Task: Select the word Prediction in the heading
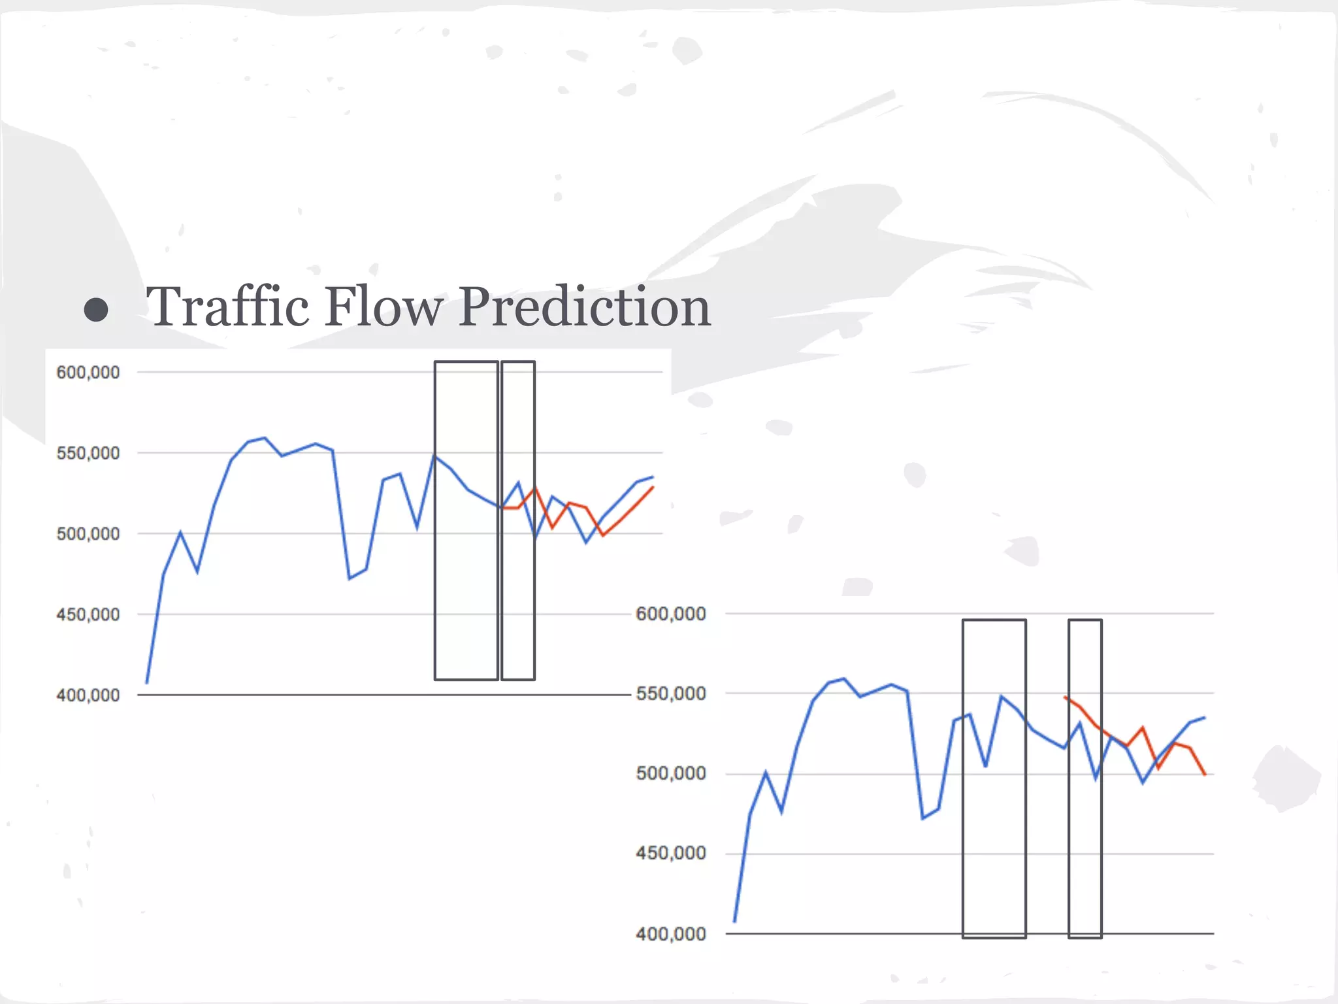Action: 584,307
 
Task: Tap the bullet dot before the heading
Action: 96,310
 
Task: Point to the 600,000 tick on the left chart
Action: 88,373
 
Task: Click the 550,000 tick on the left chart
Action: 88,453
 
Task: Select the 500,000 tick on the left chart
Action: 88,534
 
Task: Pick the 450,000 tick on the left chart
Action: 88,614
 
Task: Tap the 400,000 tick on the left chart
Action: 88,695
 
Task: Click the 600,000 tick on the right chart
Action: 671,614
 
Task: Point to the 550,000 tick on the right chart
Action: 671,694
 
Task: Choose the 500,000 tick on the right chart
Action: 671,773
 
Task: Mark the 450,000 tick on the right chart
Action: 671,853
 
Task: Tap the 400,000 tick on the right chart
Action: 671,933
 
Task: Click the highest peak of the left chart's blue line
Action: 264,438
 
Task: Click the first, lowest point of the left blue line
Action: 147,683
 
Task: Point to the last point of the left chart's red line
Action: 653,487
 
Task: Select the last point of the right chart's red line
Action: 1205,775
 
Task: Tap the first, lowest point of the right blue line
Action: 735,922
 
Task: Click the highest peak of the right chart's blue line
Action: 844,678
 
